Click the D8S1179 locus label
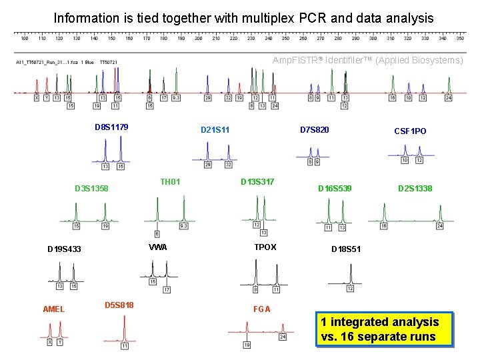(111, 127)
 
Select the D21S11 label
(215, 129)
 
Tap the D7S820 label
(314, 129)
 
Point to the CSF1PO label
(410, 131)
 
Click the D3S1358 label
(91, 189)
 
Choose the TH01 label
(170, 181)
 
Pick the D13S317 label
(257, 181)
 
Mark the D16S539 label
(334, 189)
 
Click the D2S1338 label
(415, 189)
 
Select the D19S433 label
(64, 249)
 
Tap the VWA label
(158, 247)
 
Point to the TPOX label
(265, 247)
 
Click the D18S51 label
(346, 249)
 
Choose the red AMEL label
(53, 309)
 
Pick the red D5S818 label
(119, 305)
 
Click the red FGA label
(262, 309)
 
